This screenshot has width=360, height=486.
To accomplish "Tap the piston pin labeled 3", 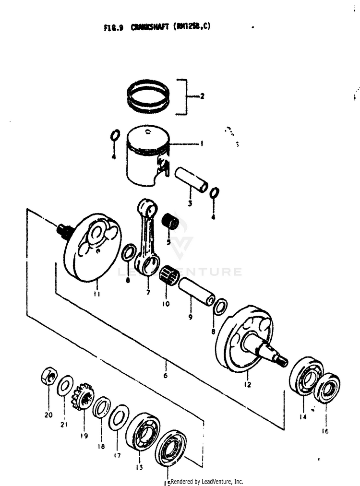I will (x=191, y=179).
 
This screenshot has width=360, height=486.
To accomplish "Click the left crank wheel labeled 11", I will (x=92, y=248).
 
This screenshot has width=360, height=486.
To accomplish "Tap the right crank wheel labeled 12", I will (x=245, y=338).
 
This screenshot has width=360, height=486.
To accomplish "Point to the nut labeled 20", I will (x=49, y=377).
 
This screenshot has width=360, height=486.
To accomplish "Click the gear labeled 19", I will (x=83, y=396).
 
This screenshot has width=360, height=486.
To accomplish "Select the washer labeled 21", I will (x=65, y=386).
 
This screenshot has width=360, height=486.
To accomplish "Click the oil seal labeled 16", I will (x=327, y=388).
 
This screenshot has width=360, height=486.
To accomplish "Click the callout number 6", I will (x=166, y=376).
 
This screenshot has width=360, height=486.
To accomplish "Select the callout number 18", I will (x=100, y=446).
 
